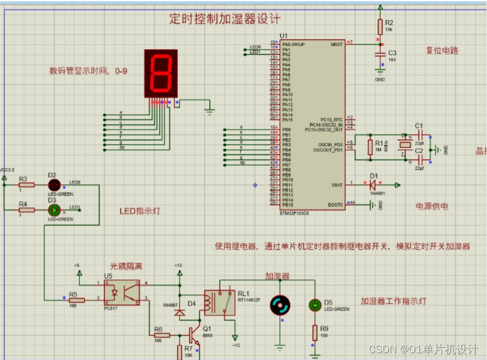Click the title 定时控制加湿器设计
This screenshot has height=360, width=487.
tap(225, 19)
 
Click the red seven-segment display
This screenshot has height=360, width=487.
tap(161, 73)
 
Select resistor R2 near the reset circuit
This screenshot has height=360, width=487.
tap(381, 26)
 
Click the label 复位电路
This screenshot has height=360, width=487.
tap(442, 50)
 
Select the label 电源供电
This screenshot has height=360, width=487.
tap(432, 206)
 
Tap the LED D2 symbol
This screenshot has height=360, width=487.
tap(53, 185)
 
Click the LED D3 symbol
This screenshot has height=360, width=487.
tap(53, 211)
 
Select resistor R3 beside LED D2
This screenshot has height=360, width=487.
tap(26, 185)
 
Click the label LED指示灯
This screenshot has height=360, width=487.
tap(140, 211)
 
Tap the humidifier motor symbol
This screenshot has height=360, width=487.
tap(280, 305)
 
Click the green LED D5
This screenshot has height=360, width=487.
tap(315, 305)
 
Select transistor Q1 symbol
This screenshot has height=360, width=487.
tap(193, 335)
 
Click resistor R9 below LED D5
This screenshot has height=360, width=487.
tap(315, 334)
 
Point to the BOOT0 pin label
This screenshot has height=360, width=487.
tap(335, 205)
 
